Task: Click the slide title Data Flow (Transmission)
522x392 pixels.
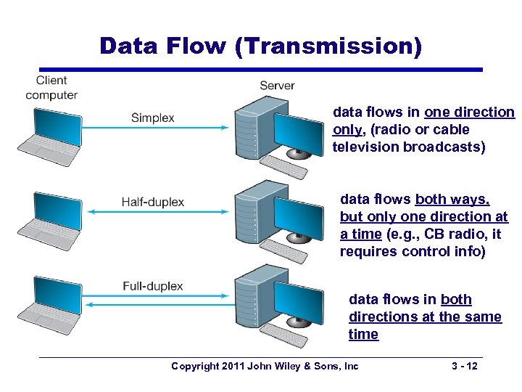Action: [260, 45]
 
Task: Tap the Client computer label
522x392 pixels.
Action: [51, 87]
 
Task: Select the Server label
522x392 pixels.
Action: [277, 86]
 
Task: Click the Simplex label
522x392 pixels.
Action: [152, 118]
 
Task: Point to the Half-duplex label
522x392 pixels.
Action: [152, 202]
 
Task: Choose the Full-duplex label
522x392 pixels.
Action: [152, 286]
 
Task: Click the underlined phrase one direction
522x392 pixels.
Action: [469, 113]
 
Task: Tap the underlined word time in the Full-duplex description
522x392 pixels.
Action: [363, 335]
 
